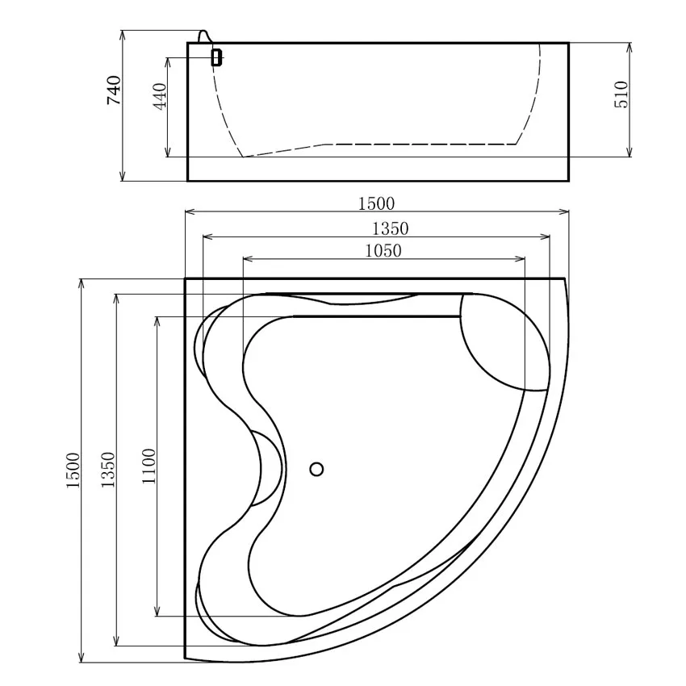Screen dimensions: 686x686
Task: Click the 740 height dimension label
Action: pos(114,90)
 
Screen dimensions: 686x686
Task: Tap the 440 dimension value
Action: pos(160,96)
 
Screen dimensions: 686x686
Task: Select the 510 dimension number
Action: pos(621,94)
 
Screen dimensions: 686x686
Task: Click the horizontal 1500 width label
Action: pos(376,203)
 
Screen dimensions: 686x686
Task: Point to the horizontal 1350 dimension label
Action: pos(390,228)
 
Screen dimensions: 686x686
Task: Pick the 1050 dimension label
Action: pos(383,251)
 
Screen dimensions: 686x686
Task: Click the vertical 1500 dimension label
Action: pos(73,471)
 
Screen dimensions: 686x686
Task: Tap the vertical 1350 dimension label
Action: pos(108,470)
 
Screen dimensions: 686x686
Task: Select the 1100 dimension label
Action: pos(148,466)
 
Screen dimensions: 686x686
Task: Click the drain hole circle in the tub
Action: pos(316,469)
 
